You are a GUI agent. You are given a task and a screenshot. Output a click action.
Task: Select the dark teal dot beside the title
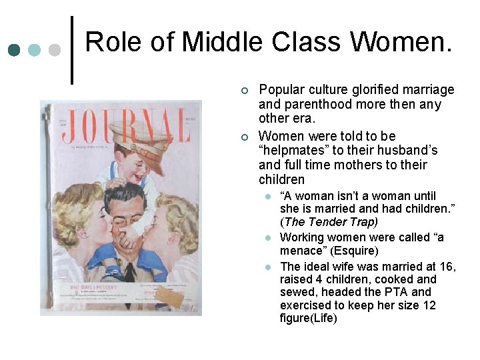14,49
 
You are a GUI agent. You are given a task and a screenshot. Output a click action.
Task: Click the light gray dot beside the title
55,49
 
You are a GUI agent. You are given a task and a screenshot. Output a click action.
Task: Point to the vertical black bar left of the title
72,50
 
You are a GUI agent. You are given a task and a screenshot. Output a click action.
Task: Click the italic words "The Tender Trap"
331,222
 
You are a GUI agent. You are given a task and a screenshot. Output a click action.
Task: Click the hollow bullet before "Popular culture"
245,90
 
